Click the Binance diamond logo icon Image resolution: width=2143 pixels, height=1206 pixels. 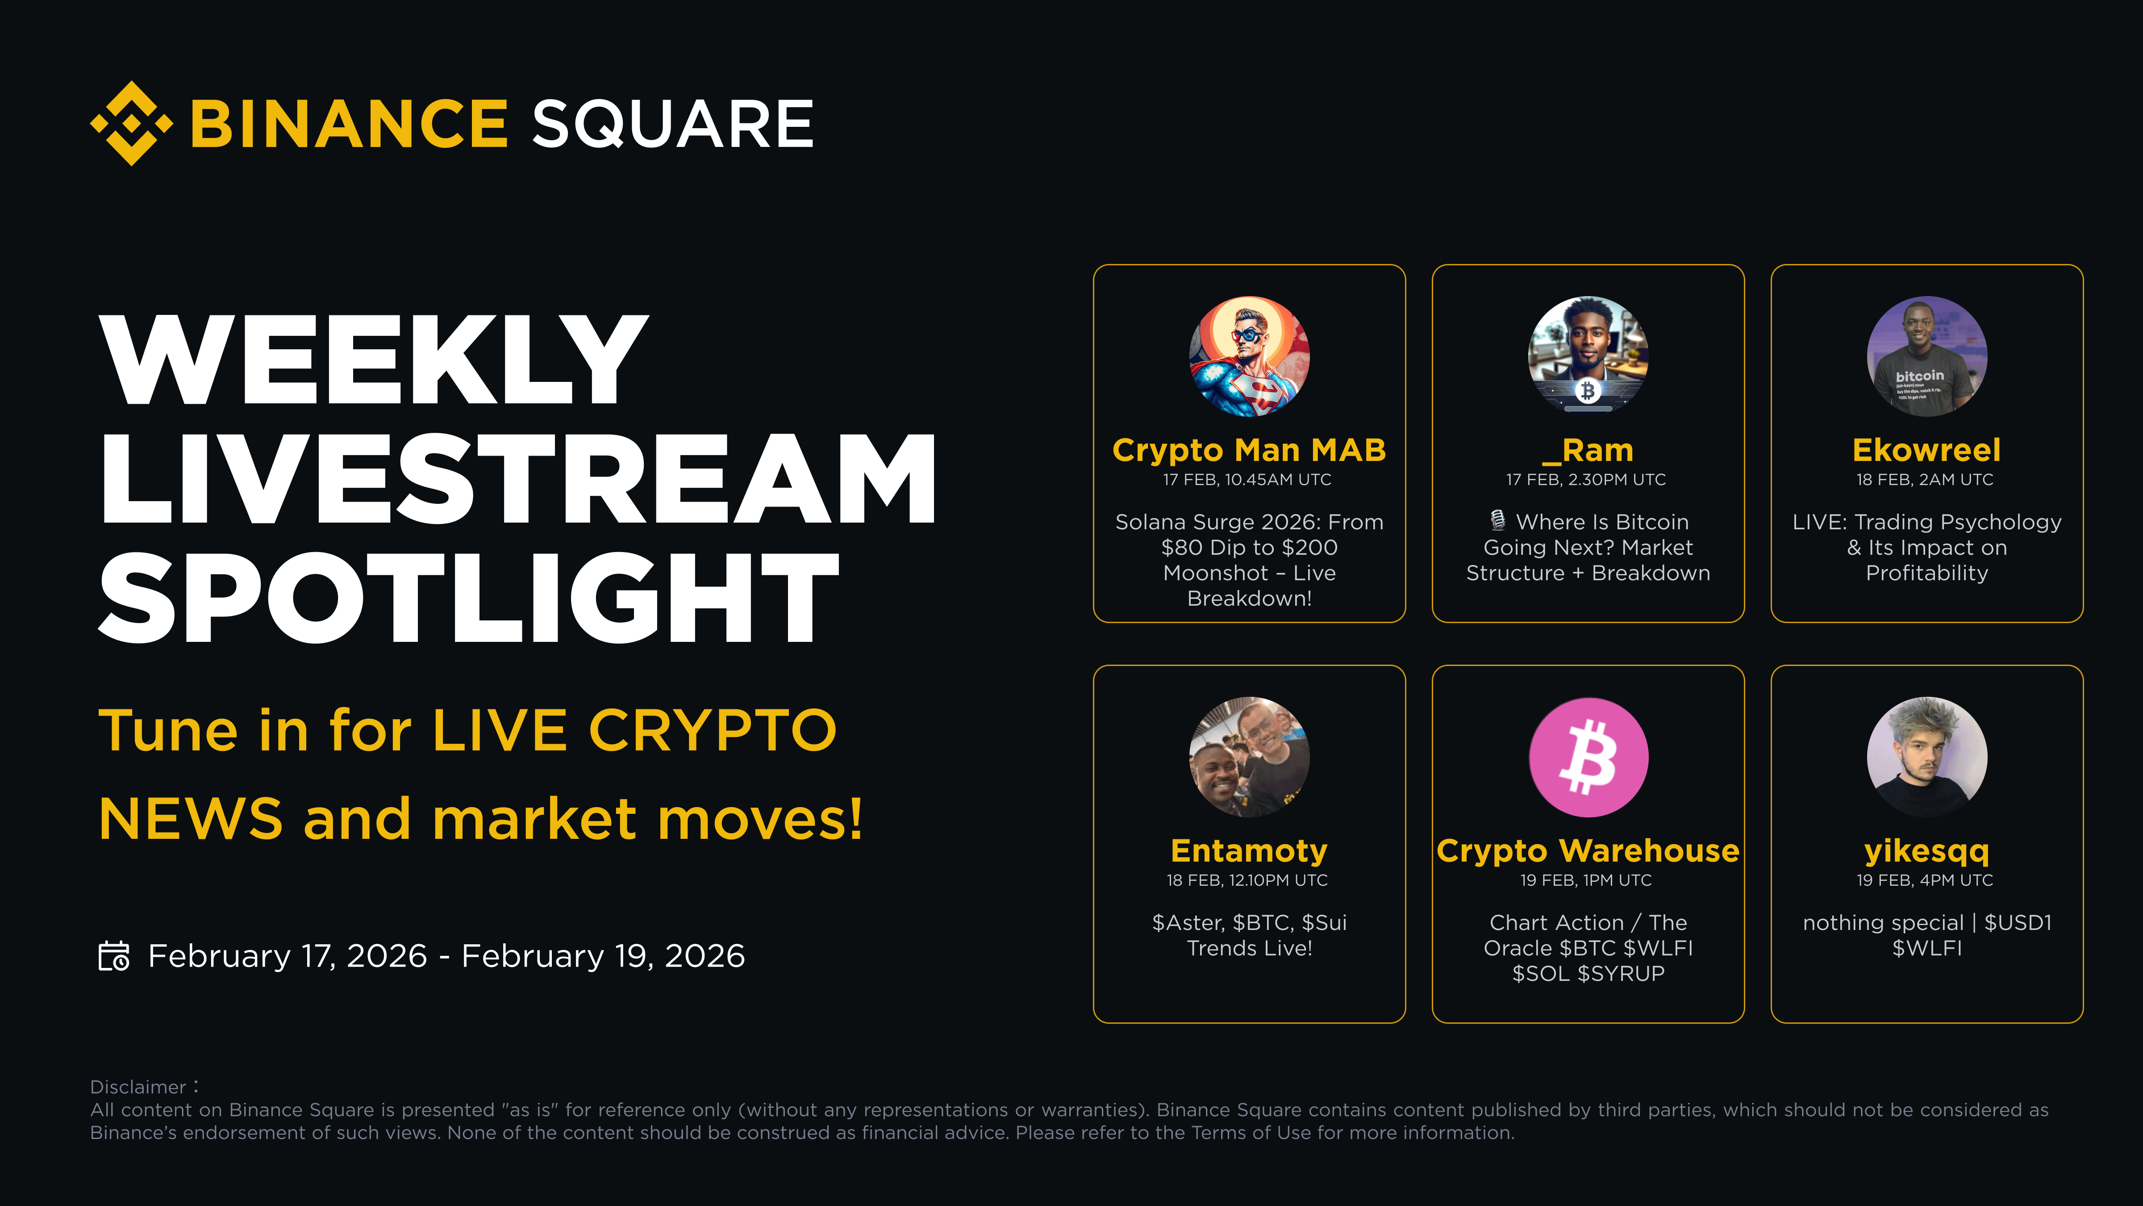coord(131,123)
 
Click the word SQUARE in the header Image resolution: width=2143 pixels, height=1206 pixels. coord(672,124)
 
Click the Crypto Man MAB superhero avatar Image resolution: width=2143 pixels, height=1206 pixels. coord(1250,356)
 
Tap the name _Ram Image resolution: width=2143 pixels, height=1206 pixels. coord(1587,450)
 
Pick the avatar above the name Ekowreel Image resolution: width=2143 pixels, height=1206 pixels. coord(1927,356)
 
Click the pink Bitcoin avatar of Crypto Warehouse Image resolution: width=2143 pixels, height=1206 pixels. coord(1588,757)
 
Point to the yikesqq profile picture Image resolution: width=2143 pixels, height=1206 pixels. coord(1927,757)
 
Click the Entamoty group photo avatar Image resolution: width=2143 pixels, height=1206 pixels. coord(1250,757)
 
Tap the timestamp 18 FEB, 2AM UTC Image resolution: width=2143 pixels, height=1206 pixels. coord(1925,479)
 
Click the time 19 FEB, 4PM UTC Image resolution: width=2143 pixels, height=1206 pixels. coord(1925,880)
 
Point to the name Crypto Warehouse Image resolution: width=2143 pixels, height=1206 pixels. coord(1588,850)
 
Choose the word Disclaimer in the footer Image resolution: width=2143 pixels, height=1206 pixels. coord(138,1087)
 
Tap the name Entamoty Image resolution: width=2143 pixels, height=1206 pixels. coord(1250,850)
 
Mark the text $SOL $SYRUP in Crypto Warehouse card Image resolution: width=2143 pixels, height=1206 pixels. coord(1588,974)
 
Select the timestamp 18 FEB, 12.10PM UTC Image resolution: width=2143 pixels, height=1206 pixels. coord(1247,880)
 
